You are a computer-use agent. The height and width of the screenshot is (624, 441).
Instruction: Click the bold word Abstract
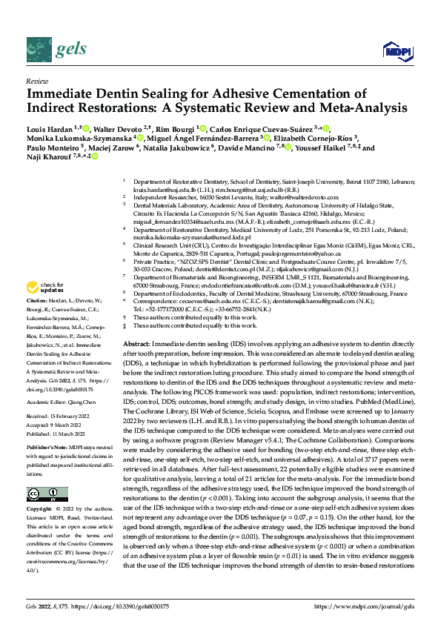pos(136,345)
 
